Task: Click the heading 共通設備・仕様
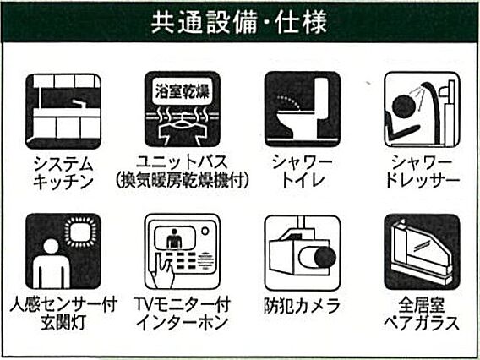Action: point(239,22)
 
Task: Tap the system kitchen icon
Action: point(63,111)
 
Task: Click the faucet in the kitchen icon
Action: point(79,103)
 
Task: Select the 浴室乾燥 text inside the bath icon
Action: point(183,91)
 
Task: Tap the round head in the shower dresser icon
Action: point(404,106)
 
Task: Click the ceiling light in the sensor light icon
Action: point(80,232)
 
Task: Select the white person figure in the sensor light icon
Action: point(51,264)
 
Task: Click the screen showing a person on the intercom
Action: point(175,238)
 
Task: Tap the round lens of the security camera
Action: point(325,257)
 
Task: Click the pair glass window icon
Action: point(422,252)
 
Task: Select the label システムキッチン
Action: point(63,172)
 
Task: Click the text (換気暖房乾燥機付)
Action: point(183,181)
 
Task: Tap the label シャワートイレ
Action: point(303,172)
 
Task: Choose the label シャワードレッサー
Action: point(422,172)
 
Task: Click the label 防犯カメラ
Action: point(303,306)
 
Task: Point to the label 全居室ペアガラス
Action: point(422,314)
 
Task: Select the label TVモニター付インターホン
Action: point(183,314)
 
